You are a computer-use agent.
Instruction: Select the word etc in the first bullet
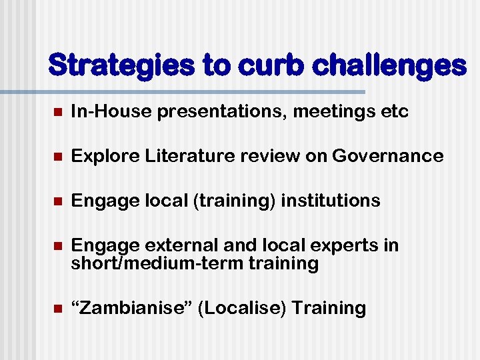point(394,111)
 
